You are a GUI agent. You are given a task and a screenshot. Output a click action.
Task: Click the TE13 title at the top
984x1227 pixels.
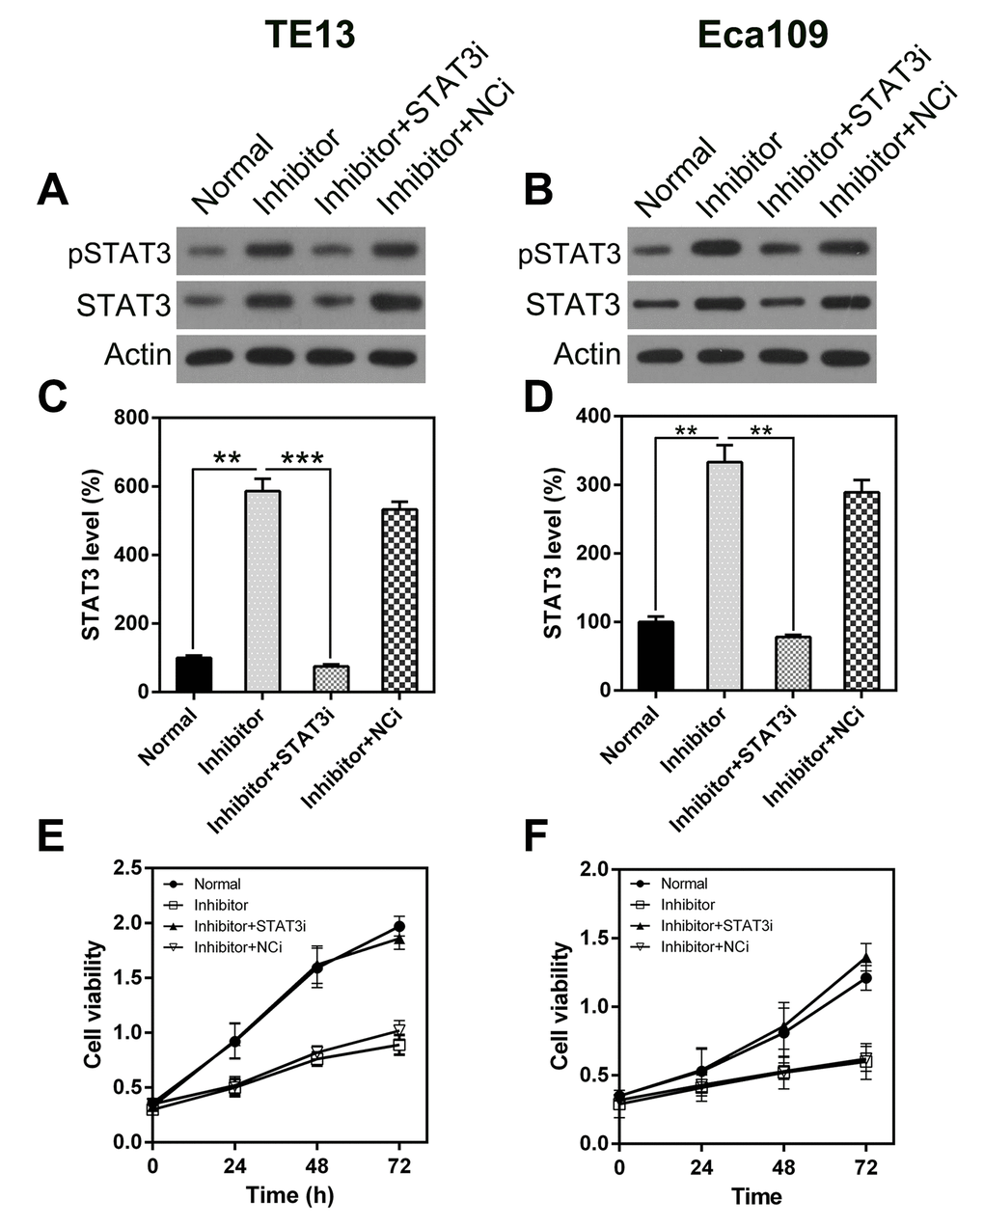click(311, 35)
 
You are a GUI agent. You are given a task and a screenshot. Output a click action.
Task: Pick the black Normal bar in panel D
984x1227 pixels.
click(656, 656)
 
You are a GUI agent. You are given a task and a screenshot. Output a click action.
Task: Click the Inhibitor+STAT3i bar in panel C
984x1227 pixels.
click(331, 678)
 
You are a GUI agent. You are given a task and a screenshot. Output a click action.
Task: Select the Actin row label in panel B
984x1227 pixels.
click(587, 354)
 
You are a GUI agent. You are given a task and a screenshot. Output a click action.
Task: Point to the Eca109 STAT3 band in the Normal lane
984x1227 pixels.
click(659, 305)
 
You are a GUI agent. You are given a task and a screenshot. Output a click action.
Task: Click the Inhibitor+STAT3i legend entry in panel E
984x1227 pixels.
click(250, 926)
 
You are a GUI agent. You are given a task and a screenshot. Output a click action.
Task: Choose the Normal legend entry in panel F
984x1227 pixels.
click(684, 884)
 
